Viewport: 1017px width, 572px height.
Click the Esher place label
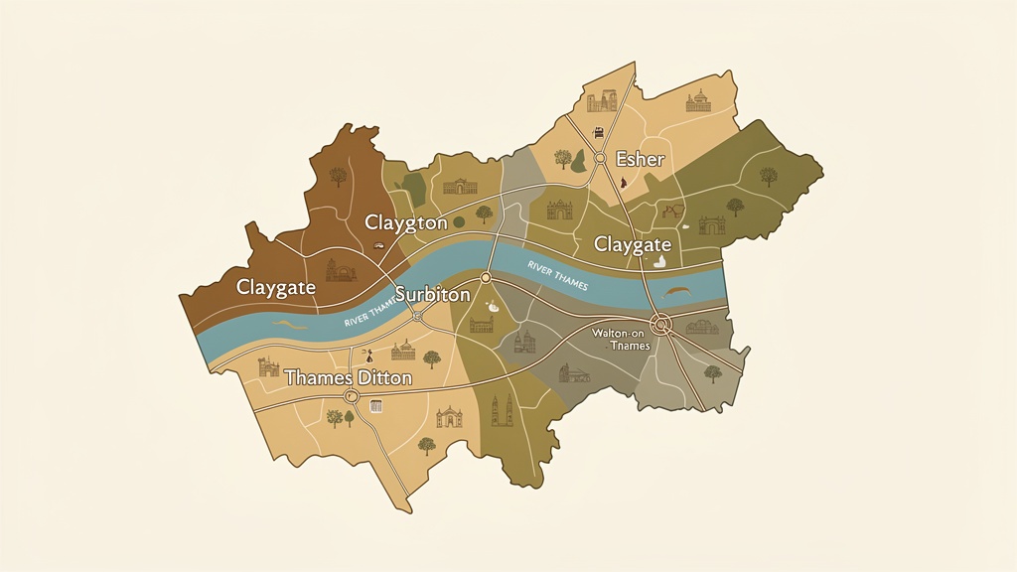(640, 159)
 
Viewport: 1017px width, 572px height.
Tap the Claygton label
(405, 222)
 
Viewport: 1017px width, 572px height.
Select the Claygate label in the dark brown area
(275, 287)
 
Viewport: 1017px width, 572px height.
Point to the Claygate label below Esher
(632, 244)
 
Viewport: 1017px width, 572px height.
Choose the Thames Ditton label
(348, 377)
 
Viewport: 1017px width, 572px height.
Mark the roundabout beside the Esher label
(600, 158)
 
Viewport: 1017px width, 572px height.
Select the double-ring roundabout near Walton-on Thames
(661, 324)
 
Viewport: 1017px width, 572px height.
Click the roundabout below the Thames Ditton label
(350, 396)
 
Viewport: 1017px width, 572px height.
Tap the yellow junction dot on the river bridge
(486, 277)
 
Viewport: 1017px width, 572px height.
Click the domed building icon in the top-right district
(700, 100)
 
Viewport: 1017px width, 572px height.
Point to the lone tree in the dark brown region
(338, 177)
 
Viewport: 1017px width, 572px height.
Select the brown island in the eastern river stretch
(678, 291)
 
